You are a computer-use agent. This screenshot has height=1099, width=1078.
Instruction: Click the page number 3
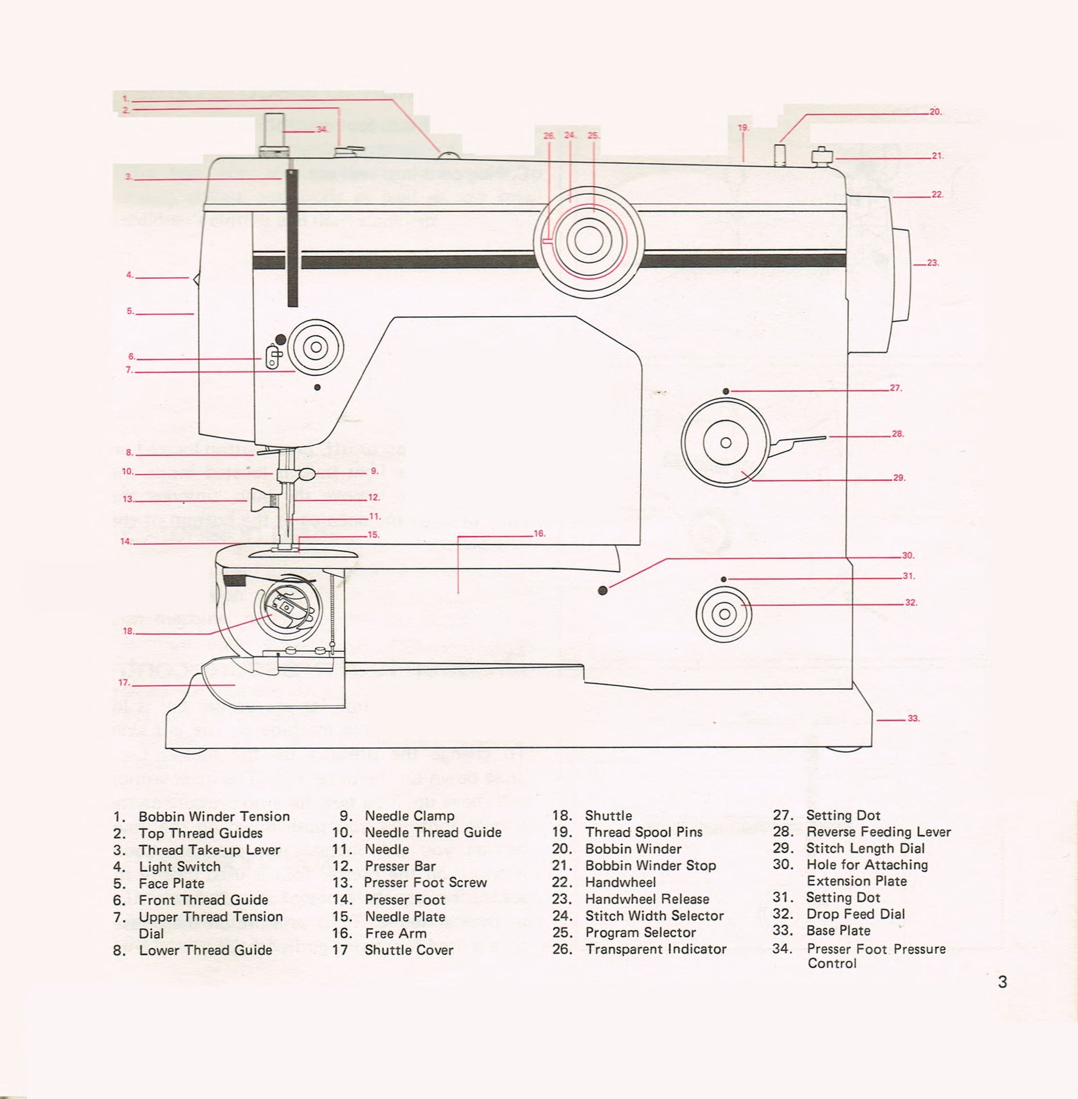1002,982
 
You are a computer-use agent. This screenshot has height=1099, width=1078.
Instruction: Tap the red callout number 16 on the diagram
539,534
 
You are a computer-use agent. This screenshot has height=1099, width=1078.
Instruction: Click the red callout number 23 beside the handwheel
932,263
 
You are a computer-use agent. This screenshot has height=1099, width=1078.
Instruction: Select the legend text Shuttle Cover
408,950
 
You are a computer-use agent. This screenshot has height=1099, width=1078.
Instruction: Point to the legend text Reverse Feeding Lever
878,832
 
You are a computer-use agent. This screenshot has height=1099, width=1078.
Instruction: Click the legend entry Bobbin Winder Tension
214,816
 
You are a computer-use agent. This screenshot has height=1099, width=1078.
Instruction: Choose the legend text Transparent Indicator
656,950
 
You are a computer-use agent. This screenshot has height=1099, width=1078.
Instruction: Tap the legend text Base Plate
838,931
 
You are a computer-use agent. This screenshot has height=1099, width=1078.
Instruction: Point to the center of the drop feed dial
724,614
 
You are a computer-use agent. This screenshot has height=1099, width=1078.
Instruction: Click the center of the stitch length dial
726,443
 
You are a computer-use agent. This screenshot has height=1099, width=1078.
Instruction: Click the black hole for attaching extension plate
602,591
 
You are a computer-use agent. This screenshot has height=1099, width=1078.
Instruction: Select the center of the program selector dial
588,240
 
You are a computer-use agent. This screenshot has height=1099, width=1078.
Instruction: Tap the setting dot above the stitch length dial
726,391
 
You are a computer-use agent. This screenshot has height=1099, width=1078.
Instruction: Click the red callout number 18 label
128,632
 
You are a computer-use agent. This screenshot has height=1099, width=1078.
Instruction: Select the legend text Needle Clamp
409,815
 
